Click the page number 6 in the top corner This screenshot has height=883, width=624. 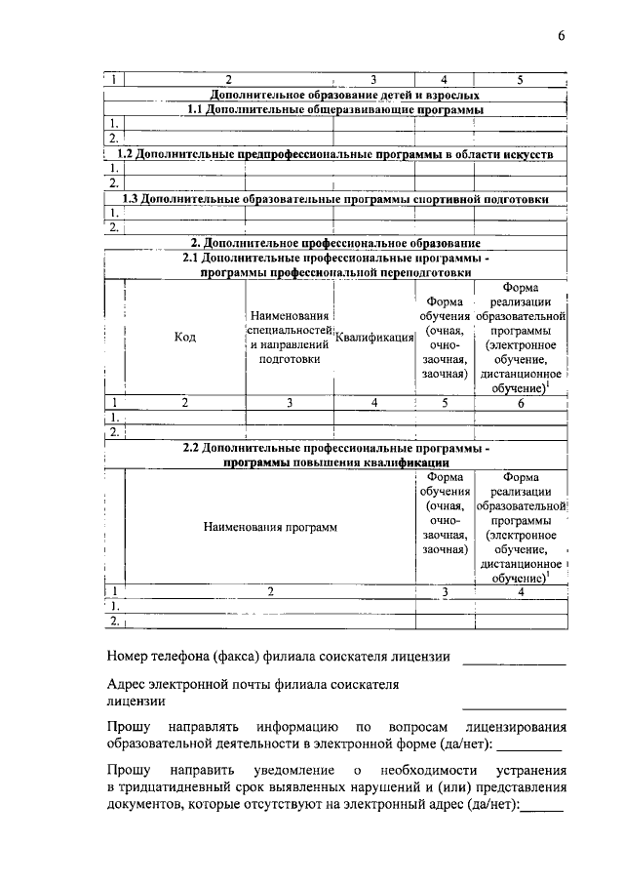click(x=562, y=36)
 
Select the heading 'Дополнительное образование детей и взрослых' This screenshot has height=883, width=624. click(x=335, y=95)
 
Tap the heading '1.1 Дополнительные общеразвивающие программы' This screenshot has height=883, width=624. click(x=335, y=109)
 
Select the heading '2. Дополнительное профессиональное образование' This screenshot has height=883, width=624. click(x=335, y=242)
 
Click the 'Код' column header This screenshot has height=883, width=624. click(x=185, y=337)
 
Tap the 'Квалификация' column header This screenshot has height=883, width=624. click(x=374, y=337)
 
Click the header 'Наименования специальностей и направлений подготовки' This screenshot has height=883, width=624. click(x=290, y=337)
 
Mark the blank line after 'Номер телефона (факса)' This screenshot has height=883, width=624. click(x=513, y=662)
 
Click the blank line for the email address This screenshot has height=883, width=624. click(x=513, y=706)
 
